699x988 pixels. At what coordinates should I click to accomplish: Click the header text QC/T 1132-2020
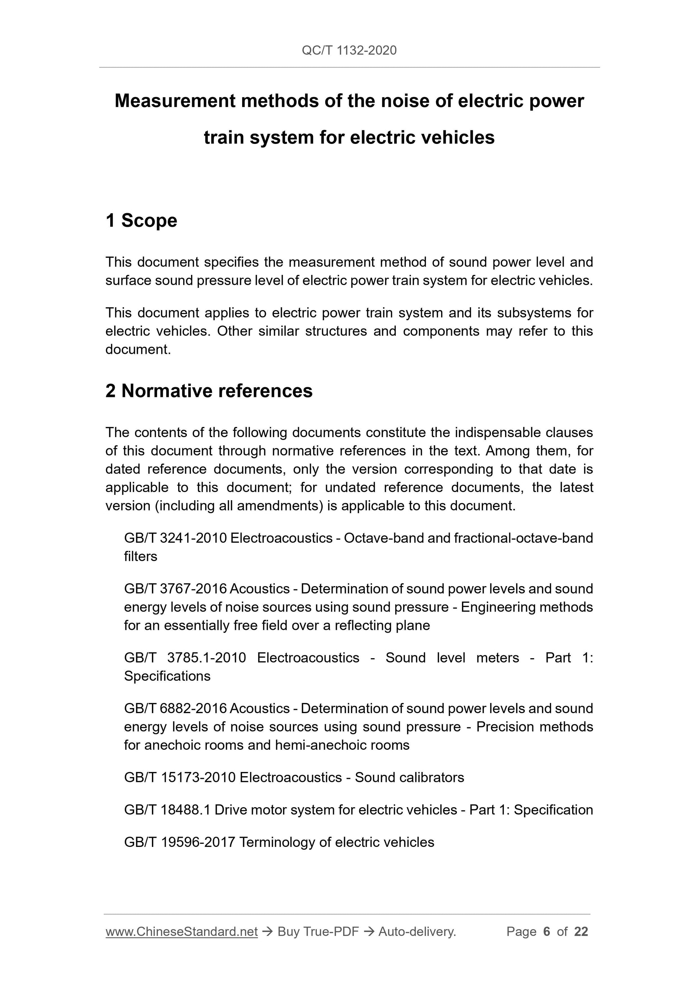click(x=349, y=50)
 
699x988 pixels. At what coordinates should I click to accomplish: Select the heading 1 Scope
click(x=141, y=220)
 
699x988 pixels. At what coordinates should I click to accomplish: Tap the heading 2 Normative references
click(x=209, y=391)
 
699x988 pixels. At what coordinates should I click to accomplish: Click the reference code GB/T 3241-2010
click(x=175, y=538)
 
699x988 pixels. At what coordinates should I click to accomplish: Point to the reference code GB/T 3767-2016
click(x=175, y=589)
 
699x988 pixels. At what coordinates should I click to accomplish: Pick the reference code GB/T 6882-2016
click(x=175, y=708)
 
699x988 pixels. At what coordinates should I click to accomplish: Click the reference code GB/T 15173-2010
click(x=180, y=777)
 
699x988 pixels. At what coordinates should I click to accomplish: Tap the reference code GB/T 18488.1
click(x=167, y=810)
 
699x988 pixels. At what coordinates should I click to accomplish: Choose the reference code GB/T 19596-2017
click(x=180, y=842)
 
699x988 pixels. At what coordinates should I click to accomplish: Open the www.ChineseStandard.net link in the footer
click(x=181, y=932)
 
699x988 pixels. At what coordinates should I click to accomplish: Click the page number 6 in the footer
click(x=547, y=932)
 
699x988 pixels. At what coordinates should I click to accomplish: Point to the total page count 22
click(x=581, y=932)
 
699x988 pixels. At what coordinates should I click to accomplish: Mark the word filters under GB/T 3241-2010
click(x=140, y=556)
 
